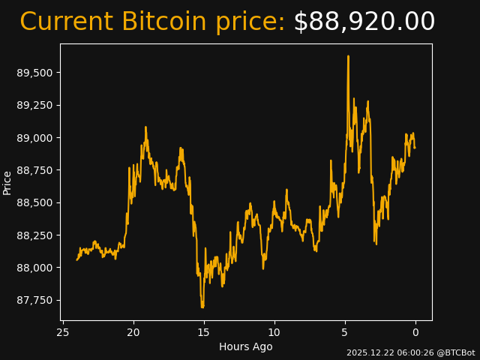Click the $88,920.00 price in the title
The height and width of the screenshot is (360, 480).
[364, 22]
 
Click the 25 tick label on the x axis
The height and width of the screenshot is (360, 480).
[63, 332]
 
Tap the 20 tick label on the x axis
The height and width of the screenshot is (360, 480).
[133, 332]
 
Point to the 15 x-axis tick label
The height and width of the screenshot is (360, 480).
[204, 332]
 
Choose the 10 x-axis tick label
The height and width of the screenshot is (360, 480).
[274, 332]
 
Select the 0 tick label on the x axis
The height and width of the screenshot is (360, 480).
[415, 332]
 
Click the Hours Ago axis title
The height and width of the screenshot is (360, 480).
[246, 346]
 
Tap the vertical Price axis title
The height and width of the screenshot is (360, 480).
[7, 182]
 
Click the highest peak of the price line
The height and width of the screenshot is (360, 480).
[348, 56]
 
